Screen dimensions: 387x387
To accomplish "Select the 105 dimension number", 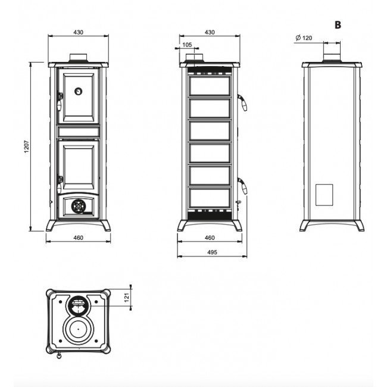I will pos(187,45).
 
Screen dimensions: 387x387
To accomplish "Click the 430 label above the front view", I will pos(78,32).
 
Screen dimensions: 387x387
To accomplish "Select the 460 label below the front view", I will pos(78,238).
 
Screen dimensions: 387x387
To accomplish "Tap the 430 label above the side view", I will pos(210,32).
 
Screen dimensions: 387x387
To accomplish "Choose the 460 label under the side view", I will pos(210,238).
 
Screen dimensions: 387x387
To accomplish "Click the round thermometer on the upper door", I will pos(78,91).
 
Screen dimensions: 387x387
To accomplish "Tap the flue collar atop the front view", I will pos(78,58).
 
